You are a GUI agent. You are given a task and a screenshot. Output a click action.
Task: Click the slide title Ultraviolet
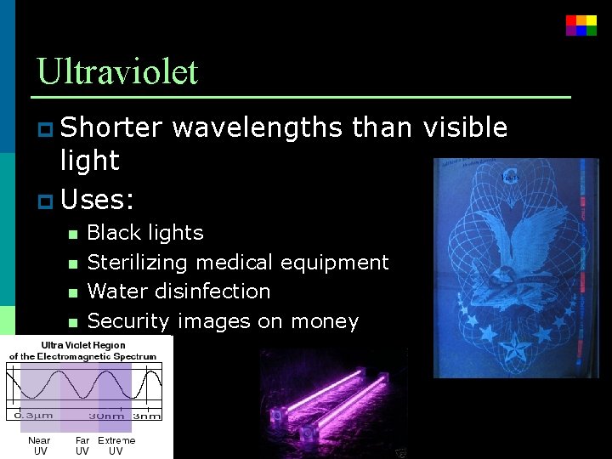click(117, 71)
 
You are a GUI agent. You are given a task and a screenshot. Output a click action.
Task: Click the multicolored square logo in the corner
click(581, 25)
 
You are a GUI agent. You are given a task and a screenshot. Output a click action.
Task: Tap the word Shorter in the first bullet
click(110, 127)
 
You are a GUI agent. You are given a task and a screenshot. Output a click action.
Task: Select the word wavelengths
click(257, 127)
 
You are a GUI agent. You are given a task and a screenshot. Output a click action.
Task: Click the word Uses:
click(98, 200)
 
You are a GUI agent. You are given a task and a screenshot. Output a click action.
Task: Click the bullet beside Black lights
click(72, 234)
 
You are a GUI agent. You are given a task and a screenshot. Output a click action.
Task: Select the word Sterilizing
click(141, 263)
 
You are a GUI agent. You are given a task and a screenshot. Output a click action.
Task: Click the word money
click(325, 321)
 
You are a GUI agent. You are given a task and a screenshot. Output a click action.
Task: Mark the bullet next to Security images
click(72, 322)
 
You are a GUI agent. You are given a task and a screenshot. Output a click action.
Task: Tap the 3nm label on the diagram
click(146, 416)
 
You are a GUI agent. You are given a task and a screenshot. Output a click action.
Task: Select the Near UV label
click(39, 445)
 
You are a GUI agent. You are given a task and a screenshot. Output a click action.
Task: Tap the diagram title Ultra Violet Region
click(82, 345)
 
